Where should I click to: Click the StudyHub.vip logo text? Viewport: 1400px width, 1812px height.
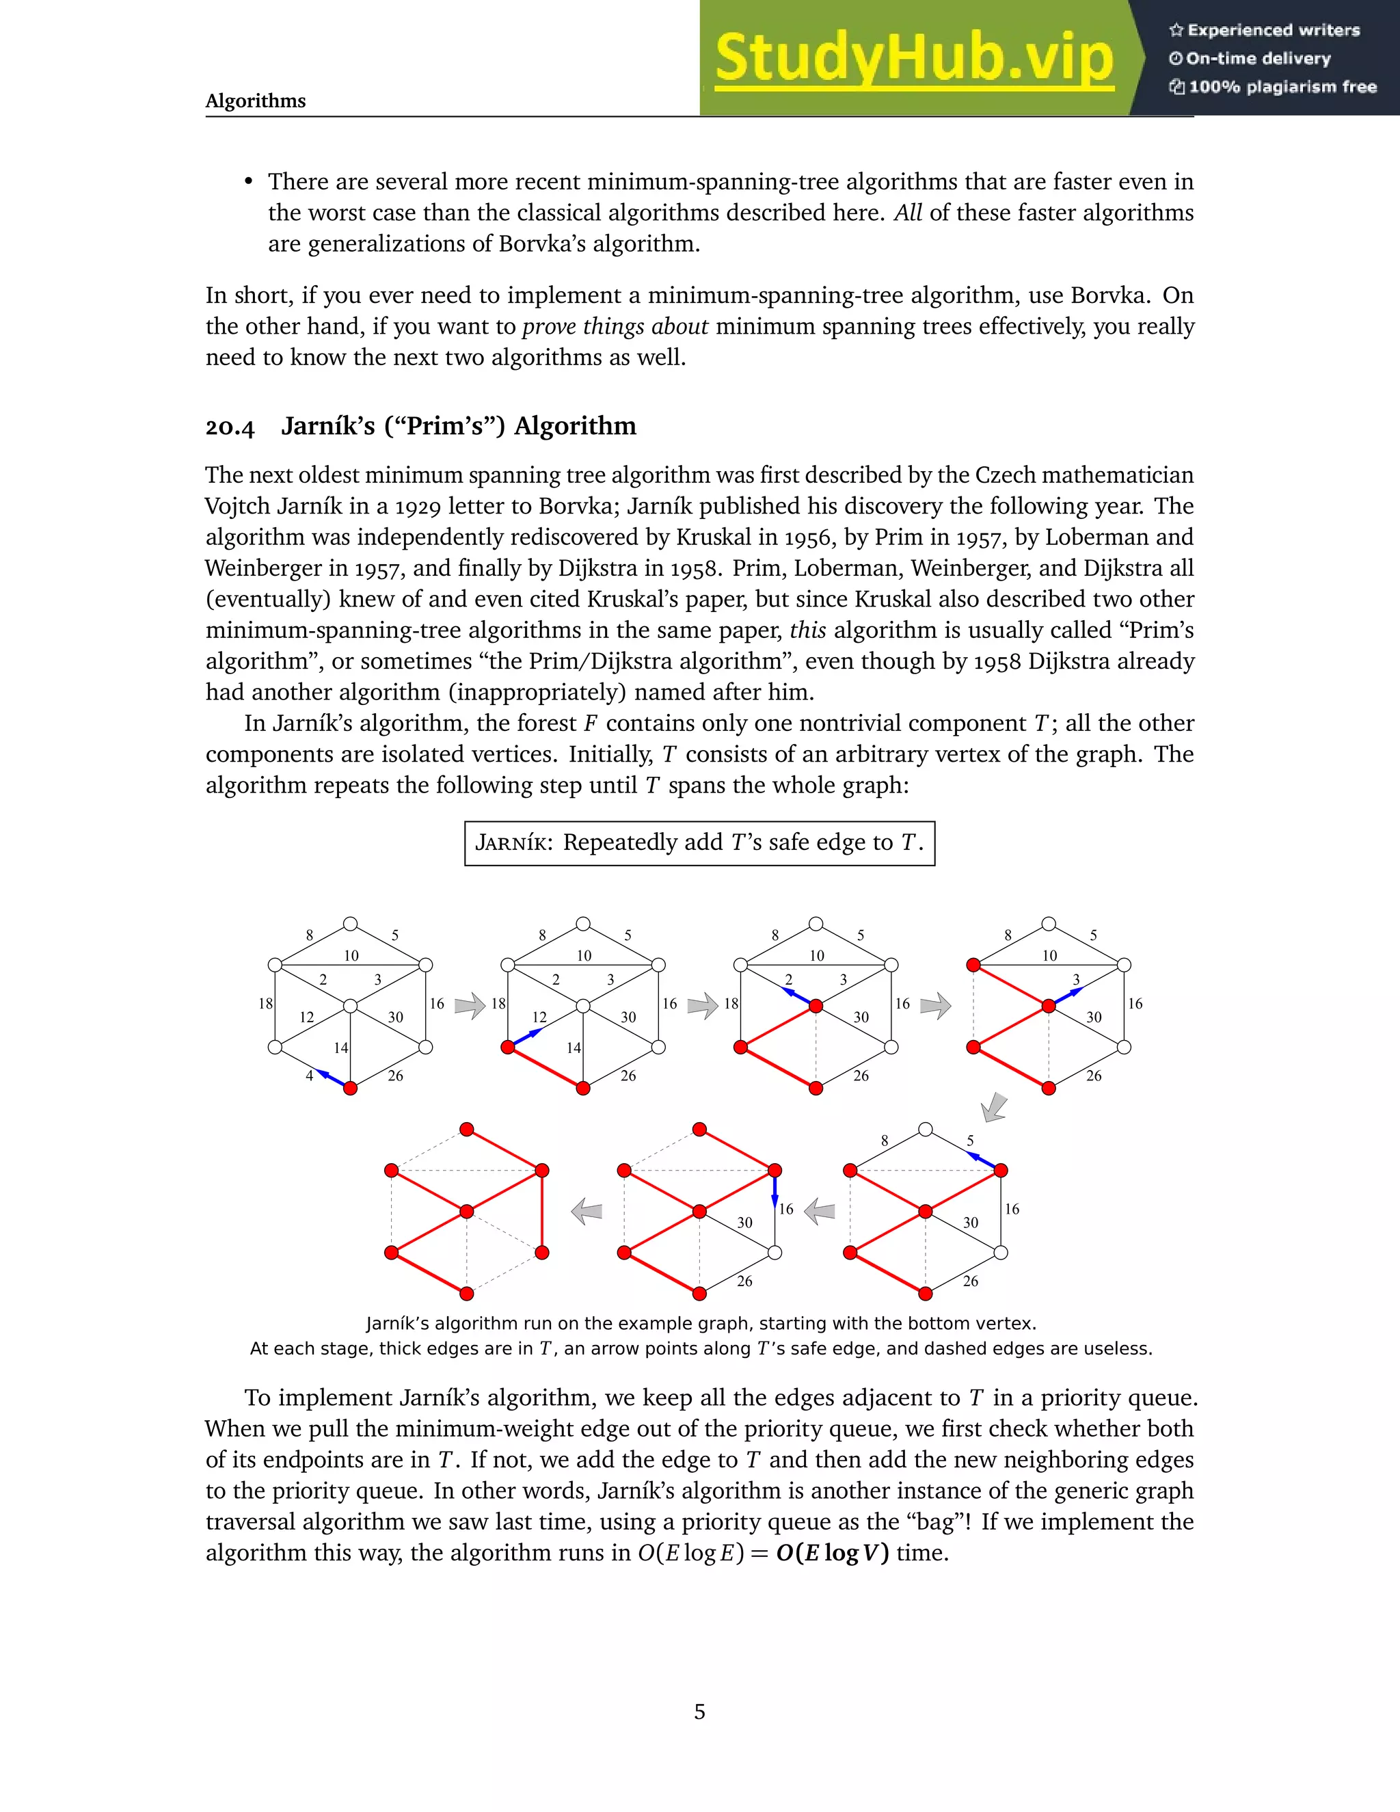click(x=913, y=58)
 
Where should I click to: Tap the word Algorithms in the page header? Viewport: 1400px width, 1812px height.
click(x=256, y=101)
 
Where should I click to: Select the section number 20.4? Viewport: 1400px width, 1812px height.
click(x=230, y=427)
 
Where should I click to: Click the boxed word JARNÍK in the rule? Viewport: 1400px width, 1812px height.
click(x=513, y=843)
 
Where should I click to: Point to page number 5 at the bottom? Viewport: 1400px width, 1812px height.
click(x=699, y=1711)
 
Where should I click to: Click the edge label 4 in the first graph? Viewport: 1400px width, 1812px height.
click(x=310, y=1076)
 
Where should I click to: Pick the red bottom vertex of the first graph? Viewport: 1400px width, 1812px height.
click(x=350, y=1089)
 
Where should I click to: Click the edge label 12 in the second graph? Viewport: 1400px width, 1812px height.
click(x=539, y=1017)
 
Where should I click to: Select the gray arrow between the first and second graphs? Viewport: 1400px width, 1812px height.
click(x=470, y=1006)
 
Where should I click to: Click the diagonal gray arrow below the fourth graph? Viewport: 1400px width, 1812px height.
click(x=995, y=1108)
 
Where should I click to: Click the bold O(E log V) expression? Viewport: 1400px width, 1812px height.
click(x=832, y=1553)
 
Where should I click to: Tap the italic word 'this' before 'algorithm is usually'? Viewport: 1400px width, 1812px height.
click(x=807, y=630)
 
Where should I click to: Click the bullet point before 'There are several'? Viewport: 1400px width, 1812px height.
click(x=248, y=182)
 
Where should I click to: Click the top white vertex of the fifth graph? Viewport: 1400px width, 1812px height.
click(x=926, y=1129)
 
